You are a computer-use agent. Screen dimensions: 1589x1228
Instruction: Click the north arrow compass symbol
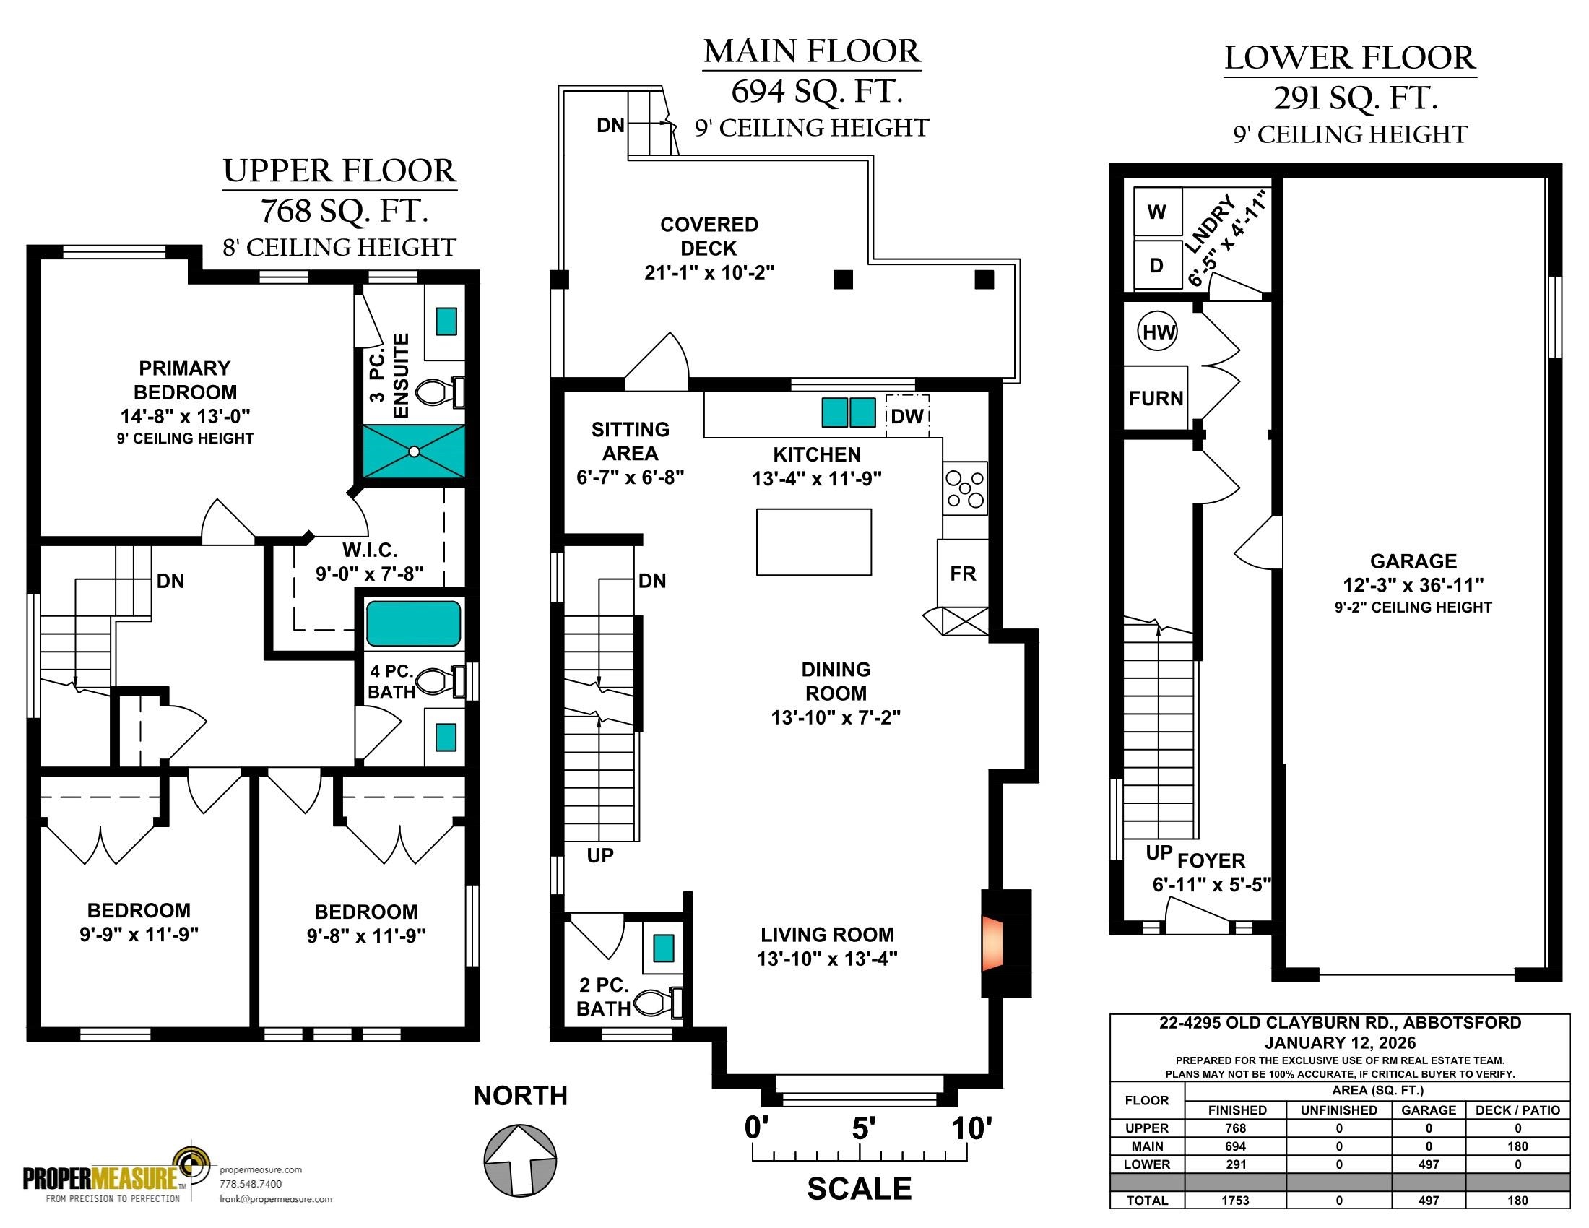pyautogui.click(x=520, y=1161)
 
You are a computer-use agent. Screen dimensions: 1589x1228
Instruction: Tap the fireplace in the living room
pyautogui.click(x=992, y=943)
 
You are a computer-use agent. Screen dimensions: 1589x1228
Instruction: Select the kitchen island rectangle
pyautogui.click(x=813, y=542)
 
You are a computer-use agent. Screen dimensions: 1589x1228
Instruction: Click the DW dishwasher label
pyautogui.click(x=907, y=416)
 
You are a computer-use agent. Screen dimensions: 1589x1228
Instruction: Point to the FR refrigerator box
pyautogui.click(x=963, y=574)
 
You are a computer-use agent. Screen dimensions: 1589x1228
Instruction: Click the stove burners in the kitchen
pyautogui.click(x=965, y=488)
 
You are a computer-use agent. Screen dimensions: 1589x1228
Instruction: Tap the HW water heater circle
pyautogui.click(x=1159, y=332)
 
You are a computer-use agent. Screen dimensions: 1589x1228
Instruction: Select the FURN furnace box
pyautogui.click(x=1156, y=398)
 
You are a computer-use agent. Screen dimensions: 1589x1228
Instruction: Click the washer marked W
pyautogui.click(x=1158, y=212)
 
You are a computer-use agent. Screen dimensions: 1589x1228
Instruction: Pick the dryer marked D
pyautogui.click(x=1158, y=266)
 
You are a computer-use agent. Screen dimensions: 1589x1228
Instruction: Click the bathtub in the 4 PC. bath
pyautogui.click(x=413, y=623)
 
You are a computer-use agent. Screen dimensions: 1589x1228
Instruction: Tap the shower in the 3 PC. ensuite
pyautogui.click(x=414, y=451)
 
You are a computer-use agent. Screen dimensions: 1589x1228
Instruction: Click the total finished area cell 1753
pyautogui.click(x=1235, y=1201)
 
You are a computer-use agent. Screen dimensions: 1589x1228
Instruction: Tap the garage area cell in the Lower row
pyautogui.click(x=1429, y=1164)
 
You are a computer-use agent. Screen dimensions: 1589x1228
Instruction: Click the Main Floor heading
pyautogui.click(x=812, y=51)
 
